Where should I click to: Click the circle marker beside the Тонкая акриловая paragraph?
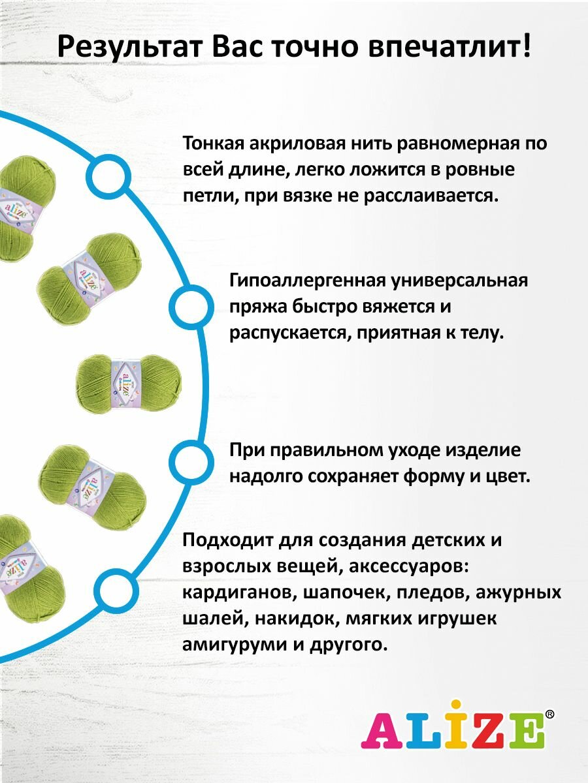106,176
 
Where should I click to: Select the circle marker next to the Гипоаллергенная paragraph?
189,305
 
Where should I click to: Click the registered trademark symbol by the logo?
549,714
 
